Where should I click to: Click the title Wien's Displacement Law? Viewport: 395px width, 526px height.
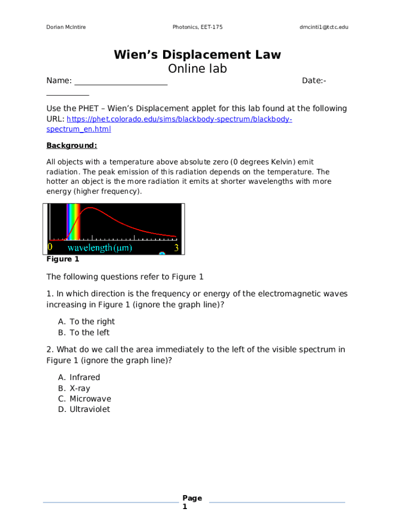[197, 55]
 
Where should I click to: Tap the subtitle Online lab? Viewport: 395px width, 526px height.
[197, 69]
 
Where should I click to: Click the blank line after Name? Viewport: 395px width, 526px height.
[121, 81]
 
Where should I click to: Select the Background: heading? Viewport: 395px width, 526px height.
[72, 145]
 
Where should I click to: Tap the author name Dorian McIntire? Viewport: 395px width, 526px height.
[66, 27]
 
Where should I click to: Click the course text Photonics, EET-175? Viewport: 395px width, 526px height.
[197, 27]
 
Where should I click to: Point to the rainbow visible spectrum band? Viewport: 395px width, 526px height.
[73, 222]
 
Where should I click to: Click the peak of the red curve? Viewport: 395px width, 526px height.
[91, 208]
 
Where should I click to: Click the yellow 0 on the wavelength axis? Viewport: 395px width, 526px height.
[50, 248]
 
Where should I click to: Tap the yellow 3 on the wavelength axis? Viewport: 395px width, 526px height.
[176, 248]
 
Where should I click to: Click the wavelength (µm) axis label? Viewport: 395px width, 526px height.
[100, 248]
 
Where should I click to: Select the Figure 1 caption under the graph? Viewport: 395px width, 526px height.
[63, 259]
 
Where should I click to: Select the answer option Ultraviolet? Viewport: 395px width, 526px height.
[90, 409]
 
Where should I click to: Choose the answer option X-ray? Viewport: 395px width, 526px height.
[80, 388]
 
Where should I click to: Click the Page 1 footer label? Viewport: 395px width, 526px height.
[192, 502]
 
